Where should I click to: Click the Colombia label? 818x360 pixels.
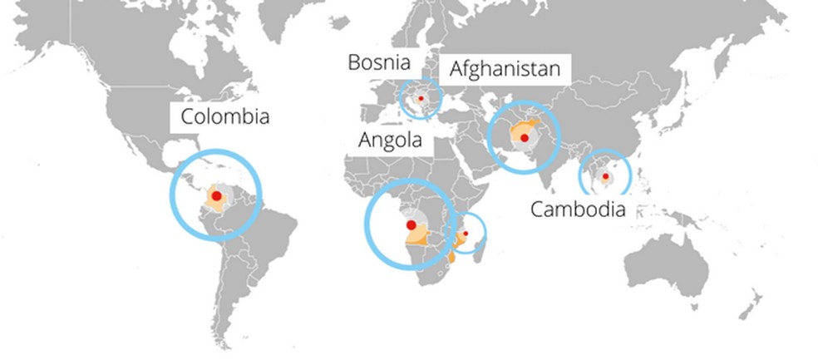point(224,116)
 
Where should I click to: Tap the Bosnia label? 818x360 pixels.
point(379,62)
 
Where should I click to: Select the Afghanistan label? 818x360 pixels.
point(505,68)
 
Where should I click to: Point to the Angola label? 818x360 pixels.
point(390,140)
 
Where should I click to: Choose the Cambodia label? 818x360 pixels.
point(578,209)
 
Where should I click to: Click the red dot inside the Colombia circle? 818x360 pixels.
point(216,195)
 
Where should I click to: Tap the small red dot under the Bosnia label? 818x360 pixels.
point(421,99)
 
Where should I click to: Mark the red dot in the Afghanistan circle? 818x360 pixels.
point(525,138)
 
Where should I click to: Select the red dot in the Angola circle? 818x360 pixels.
point(411,225)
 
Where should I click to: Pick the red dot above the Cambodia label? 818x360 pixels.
point(606,176)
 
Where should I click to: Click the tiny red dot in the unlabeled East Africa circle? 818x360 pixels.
point(466,234)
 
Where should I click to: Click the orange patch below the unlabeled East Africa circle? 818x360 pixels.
point(452,258)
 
